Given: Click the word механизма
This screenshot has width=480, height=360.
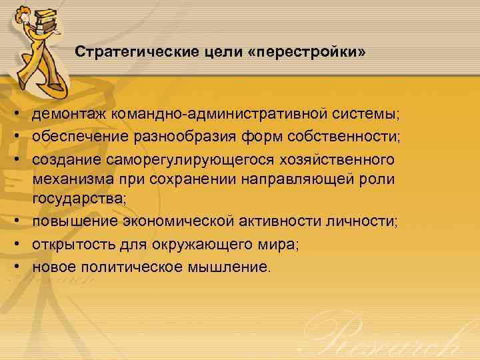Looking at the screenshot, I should [x=69, y=180].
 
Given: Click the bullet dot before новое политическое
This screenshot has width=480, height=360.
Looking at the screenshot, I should [x=14, y=267].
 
